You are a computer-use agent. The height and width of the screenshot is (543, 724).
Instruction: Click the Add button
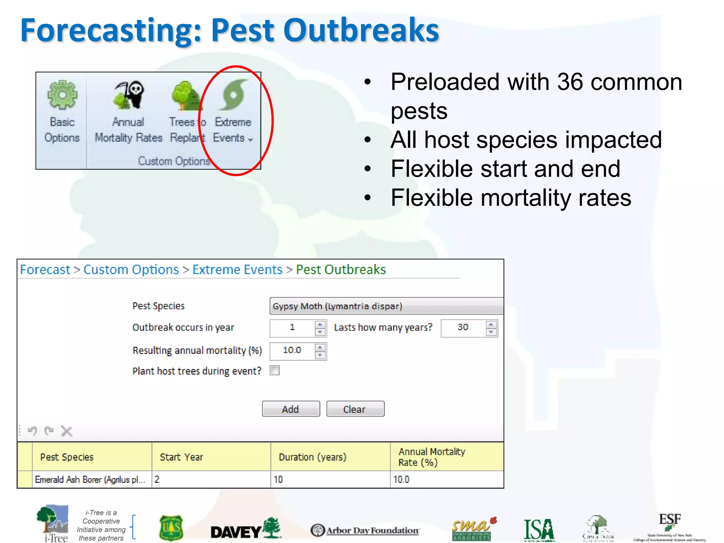tap(291, 409)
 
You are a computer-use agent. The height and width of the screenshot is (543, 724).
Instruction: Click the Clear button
tap(355, 409)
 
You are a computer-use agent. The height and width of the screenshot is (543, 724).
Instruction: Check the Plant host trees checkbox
tap(275, 370)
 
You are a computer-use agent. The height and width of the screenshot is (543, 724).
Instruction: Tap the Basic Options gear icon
tap(62, 95)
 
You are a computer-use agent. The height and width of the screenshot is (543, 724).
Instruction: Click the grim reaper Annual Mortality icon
tap(129, 95)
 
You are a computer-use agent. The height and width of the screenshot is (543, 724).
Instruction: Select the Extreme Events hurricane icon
tap(233, 95)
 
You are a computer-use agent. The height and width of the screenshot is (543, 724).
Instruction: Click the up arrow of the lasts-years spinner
tap(491, 324)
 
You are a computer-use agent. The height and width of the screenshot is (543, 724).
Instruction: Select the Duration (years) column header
tap(313, 457)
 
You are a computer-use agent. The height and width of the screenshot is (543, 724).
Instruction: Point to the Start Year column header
tap(181, 457)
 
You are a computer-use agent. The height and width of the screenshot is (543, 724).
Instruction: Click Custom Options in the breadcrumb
tap(131, 270)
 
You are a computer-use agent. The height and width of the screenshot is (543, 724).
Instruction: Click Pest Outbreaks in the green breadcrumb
tap(341, 270)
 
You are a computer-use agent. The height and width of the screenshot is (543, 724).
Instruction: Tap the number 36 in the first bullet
tap(570, 82)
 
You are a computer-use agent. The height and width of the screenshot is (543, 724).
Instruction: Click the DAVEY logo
tap(245, 529)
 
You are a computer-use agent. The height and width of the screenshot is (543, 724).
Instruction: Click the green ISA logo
tap(539, 530)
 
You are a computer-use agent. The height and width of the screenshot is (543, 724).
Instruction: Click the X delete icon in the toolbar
tap(66, 431)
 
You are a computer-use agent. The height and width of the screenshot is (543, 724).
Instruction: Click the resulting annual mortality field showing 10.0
tap(292, 350)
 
